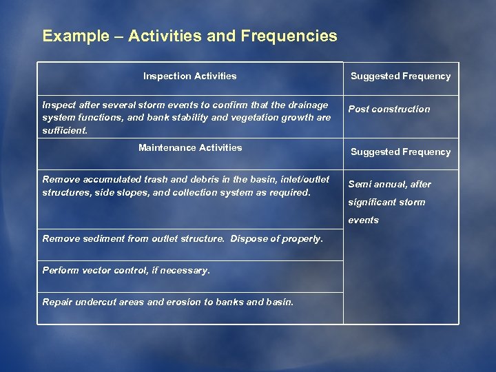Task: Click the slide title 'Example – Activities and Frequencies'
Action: coord(189,36)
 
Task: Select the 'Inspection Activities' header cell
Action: coord(189,76)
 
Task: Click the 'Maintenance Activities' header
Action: coord(190,147)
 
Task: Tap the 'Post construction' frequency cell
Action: coord(389,109)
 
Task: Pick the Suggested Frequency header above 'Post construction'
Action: coord(400,76)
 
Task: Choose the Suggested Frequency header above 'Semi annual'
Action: coord(400,152)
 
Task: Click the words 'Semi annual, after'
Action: coord(389,184)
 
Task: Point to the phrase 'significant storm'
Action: coord(386,202)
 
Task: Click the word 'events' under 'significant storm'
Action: coord(363,220)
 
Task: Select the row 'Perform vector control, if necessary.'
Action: coord(126,271)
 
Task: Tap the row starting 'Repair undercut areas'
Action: coord(167,302)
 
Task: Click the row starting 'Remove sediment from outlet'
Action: coord(183,239)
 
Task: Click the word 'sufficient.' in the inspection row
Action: coord(65,130)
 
